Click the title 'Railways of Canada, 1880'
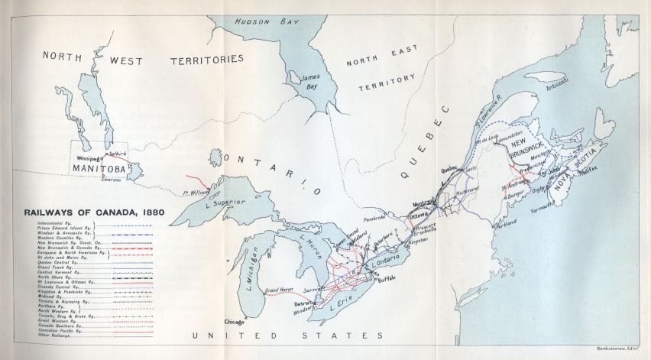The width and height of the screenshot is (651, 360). pyautogui.click(x=89, y=212)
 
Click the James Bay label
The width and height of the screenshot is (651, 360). pyautogui.click(x=310, y=82)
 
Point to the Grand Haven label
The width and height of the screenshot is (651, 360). pyautogui.click(x=280, y=290)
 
